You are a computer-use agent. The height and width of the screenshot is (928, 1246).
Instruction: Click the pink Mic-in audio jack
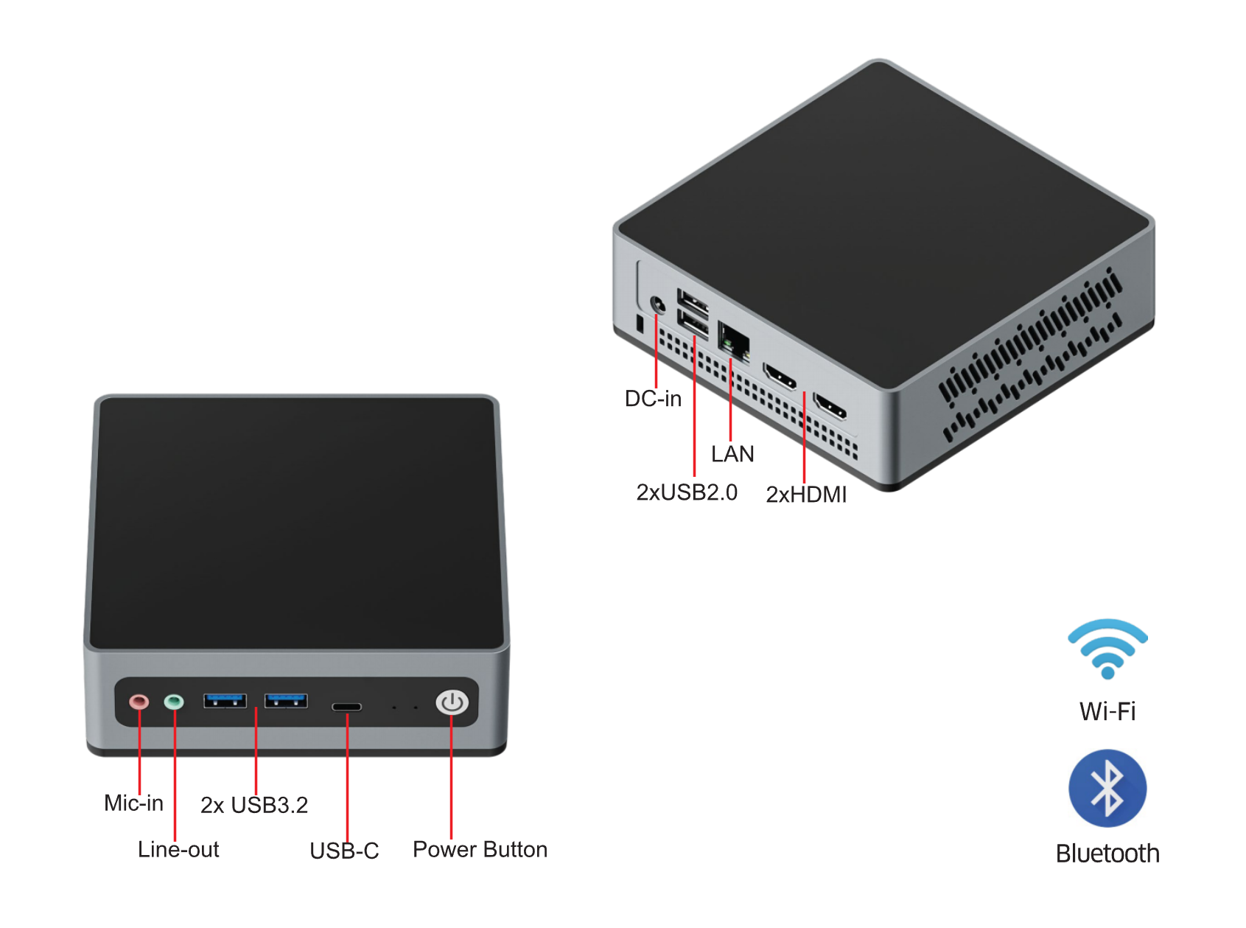tap(139, 701)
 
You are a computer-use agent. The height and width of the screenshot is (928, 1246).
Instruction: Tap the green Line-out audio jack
tap(174, 701)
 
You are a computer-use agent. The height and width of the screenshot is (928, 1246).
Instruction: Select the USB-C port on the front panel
tap(346, 707)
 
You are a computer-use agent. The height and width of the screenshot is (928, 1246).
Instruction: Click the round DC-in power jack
tap(657, 304)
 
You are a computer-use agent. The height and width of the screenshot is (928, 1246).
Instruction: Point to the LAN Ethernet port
tap(733, 341)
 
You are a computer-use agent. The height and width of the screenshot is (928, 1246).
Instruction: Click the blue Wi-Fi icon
tap(1107, 648)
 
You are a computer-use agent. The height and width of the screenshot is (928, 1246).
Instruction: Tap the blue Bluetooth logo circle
tap(1107, 788)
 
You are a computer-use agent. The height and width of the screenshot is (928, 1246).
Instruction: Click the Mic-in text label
tap(133, 803)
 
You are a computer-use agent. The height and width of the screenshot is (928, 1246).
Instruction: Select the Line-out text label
tap(178, 849)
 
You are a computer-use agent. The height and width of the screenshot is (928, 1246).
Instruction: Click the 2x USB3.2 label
tap(254, 805)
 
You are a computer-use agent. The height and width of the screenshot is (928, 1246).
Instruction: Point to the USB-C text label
tap(344, 851)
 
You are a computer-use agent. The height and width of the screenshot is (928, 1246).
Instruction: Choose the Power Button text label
tap(480, 849)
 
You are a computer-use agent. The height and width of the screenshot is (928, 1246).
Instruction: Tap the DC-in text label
tap(653, 399)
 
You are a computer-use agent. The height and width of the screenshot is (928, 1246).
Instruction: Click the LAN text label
tap(732, 454)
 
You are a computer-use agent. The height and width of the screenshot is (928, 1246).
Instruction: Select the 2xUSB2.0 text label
tap(687, 492)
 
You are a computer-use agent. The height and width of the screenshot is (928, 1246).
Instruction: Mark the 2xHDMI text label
tap(806, 495)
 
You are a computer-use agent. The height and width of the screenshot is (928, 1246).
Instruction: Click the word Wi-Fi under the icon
tap(1107, 711)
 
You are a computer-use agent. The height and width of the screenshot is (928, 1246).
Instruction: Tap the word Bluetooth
tap(1107, 854)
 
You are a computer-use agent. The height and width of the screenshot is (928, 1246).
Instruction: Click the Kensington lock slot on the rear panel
tap(639, 323)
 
